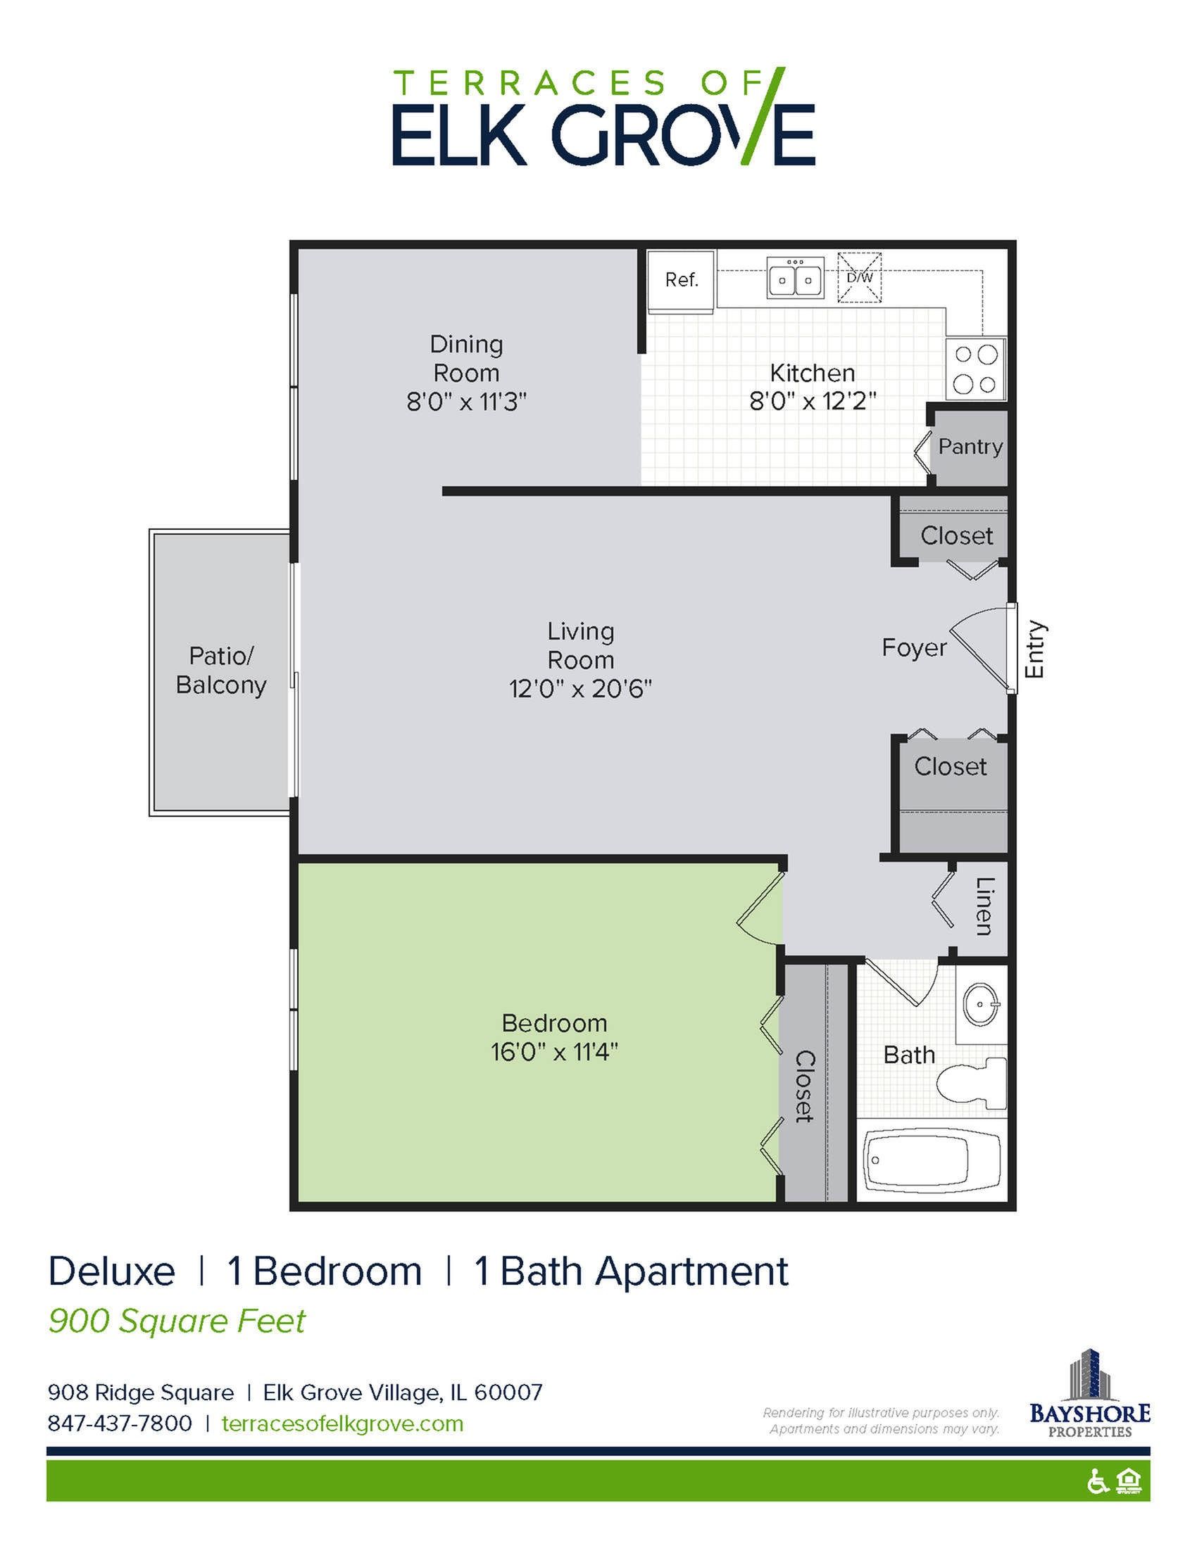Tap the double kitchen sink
tap(795, 277)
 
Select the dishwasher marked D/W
tap(860, 277)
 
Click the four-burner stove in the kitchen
tap(975, 369)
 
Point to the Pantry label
tap(970, 447)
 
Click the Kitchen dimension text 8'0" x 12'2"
tap(813, 402)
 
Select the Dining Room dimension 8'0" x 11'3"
tap(466, 402)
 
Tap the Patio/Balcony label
tap(220, 670)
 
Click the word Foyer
tap(913, 647)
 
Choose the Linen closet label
tap(984, 906)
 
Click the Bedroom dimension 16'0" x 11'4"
tap(554, 1052)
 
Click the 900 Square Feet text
tap(177, 1321)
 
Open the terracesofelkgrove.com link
tap(342, 1423)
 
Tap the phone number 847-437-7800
tap(120, 1423)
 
